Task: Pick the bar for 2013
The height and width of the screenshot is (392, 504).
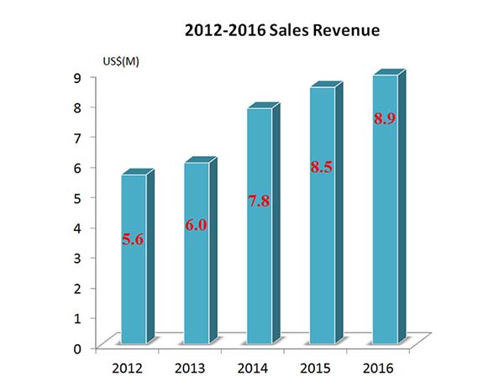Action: click(x=196, y=277)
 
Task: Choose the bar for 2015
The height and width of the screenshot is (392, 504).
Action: click(x=322, y=252)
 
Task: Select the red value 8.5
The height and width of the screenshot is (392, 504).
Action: click(x=322, y=168)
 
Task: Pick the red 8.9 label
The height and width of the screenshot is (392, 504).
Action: click(x=385, y=118)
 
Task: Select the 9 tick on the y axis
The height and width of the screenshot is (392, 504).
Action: click(x=77, y=77)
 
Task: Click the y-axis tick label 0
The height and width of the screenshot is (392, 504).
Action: click(x=77, y=348)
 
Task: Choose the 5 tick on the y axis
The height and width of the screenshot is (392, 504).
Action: click(x=77, y=197)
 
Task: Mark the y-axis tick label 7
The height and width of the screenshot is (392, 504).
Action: click(x=77, y=137)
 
